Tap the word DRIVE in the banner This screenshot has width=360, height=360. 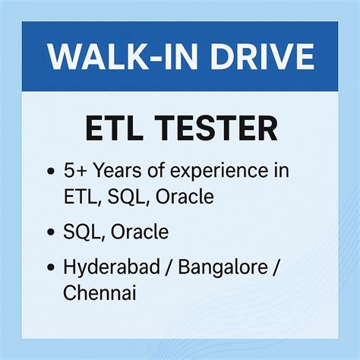[257, 58]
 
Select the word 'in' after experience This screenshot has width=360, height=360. [278, 169]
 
